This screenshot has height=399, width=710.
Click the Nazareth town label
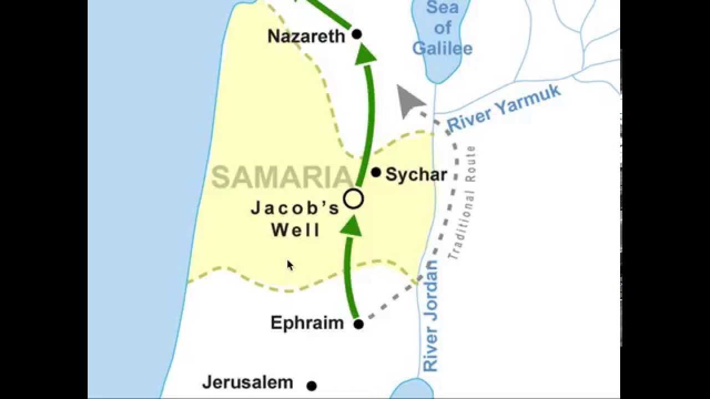306,37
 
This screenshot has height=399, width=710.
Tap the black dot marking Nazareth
357,34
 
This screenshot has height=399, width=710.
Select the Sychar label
416,175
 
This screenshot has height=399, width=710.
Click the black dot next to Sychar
376,172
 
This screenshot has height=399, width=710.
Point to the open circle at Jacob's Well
353,199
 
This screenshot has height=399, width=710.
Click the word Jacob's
295,208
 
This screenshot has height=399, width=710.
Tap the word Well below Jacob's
296,229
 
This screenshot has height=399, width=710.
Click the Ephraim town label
307,323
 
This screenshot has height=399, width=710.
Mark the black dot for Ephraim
358,324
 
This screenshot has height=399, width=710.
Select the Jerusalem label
247,382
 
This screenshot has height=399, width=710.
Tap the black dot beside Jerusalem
312,386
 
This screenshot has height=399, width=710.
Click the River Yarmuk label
504,109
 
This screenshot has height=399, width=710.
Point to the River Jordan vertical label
430,315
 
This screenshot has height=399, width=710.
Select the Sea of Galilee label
442,28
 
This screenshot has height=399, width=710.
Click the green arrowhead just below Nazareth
366,54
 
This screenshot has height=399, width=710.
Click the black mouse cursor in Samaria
290,265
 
